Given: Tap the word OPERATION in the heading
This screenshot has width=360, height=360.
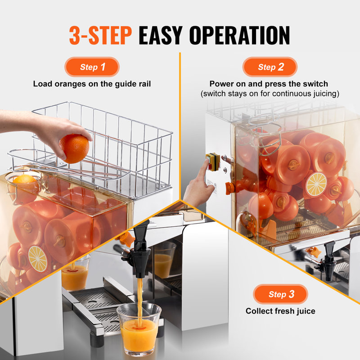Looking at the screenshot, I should tap(236, 35).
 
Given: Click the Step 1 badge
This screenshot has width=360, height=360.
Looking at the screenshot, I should tap(92, 67).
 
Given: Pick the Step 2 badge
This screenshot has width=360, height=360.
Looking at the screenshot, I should tap(270, 67).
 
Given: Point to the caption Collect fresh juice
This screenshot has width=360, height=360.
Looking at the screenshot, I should tap(280, 311).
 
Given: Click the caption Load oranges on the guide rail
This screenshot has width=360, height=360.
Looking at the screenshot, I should tap(92, 84).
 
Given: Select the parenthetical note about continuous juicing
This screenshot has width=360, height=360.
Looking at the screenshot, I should tap(270, 94).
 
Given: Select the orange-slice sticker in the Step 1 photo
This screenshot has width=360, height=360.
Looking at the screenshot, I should tap(38, 258).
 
